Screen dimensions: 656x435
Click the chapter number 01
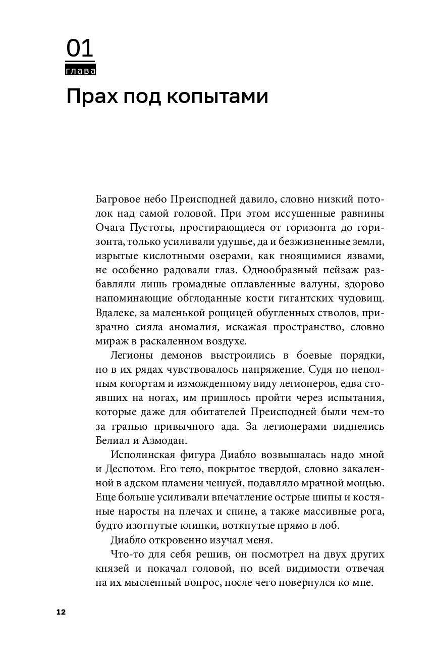[80, 49]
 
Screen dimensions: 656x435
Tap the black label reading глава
[80, 71]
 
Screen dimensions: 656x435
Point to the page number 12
[61, 612]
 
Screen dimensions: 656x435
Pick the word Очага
[108, 227]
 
